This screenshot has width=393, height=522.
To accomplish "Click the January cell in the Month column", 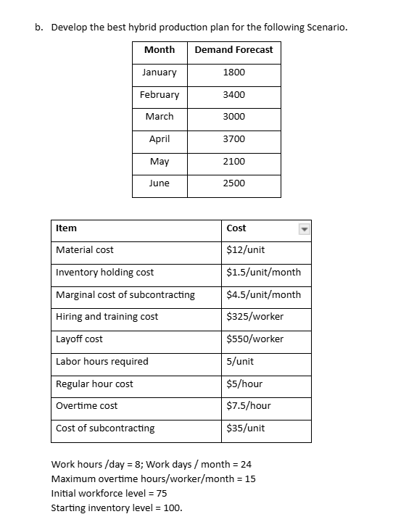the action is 160,72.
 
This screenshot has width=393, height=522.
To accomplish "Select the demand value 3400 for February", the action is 234,95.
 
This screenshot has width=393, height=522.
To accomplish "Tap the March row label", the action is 160,117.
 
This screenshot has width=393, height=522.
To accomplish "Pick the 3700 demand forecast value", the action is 234,139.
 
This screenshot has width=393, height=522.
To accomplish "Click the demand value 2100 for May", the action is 234,162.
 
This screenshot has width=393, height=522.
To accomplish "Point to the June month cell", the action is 160,183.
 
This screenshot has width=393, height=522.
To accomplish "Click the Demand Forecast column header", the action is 234,49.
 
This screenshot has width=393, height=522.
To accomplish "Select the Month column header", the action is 160,49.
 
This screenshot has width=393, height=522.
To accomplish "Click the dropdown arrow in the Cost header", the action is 305,228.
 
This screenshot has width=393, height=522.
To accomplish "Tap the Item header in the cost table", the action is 66,228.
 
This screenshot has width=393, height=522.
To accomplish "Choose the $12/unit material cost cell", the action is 246,250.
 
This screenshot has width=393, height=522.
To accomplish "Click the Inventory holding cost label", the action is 104,273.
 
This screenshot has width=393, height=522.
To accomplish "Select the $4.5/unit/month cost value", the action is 263,295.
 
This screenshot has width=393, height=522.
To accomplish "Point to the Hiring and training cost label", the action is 107,317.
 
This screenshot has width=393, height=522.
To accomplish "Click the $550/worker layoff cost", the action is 255,339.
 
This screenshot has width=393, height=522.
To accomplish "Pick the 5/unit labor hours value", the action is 240,362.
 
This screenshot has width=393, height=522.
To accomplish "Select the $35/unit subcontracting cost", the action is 246,428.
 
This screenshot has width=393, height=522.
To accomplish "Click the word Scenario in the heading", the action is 326,28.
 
